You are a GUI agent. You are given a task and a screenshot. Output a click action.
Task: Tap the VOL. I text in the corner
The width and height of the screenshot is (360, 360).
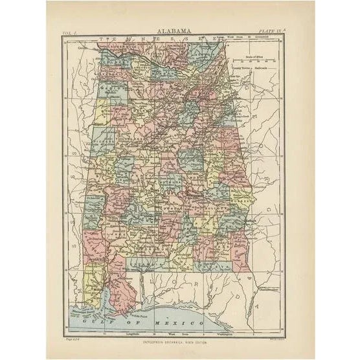(x=70, y=31)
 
